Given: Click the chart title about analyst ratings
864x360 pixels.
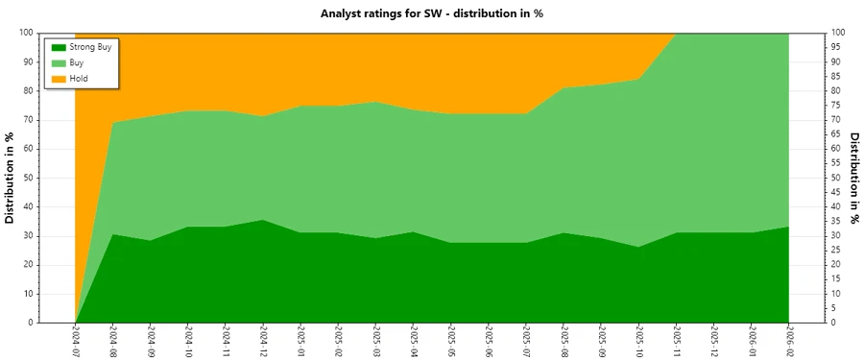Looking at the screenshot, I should [x=431, y=13].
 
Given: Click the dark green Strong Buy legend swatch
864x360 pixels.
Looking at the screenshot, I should [x=58, y=47].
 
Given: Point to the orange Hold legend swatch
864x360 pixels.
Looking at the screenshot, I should [x=58, y=78].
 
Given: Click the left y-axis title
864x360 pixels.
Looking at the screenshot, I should [x=11, y=178].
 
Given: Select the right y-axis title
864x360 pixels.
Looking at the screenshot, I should [x=852, y=178].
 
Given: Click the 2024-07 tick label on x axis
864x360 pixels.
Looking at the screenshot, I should [x=76, y=341].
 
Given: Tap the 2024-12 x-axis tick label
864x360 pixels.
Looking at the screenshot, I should [x=264, y=341].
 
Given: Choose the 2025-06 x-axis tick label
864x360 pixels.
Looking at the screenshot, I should [x=489, y=341].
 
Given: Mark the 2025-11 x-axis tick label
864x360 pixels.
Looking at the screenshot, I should [x=677, y=341].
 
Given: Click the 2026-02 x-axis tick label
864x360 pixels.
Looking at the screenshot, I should [x=789, y=341].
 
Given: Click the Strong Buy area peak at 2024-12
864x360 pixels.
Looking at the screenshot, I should [x=263, y=220].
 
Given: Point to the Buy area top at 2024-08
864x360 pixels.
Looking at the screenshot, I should [x=113, y=123].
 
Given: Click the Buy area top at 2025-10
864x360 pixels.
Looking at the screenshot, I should [x=639, y=80].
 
